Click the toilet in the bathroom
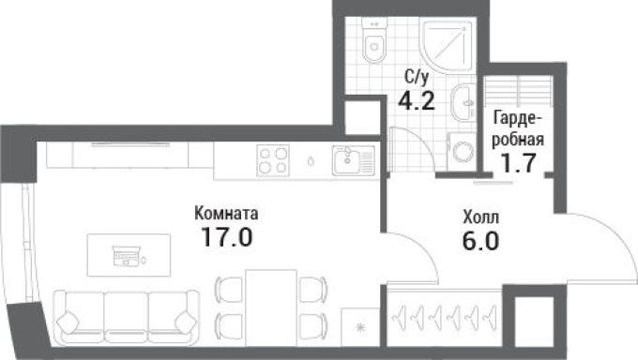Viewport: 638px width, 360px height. (x=376, y=40)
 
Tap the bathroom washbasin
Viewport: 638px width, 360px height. (x=462, y=103)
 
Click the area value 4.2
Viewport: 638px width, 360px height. (x=417, y=101)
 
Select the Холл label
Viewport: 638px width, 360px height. (x=481, y=217)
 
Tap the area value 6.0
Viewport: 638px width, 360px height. (x=480, y=239)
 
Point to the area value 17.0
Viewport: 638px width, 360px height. (x=226, y=237)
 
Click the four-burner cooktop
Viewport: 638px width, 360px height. (x=273, y=161)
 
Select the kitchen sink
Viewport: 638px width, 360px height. (x=352, y=161)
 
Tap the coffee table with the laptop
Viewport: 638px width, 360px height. (x=129, y=252)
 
